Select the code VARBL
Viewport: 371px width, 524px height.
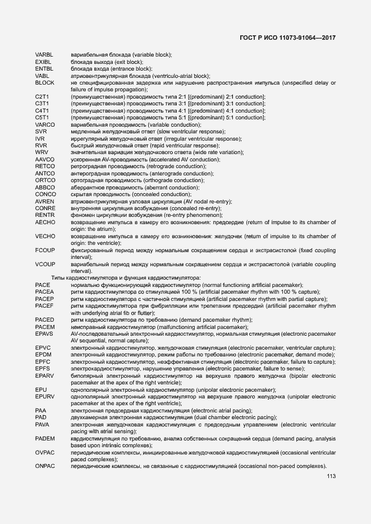tap(44, 54)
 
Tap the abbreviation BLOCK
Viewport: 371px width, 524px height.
tap(44, 83)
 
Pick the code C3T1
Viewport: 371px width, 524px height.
tap(42, 104)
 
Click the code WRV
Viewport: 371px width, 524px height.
tap(41, 152)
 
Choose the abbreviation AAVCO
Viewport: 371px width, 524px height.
tap(44, 160)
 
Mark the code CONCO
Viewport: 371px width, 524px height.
tap(45, 194)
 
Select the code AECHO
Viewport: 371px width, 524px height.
tap(45, 222)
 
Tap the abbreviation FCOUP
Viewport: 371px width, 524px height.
tap(45, 250)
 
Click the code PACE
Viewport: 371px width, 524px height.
tap(42, 285)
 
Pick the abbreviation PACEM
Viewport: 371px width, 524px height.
tap(45, 327)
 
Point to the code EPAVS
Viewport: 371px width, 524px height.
tap(44, 334)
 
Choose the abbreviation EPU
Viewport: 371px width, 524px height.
tap(40, 389)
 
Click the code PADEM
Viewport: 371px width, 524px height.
tap(44, 438)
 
